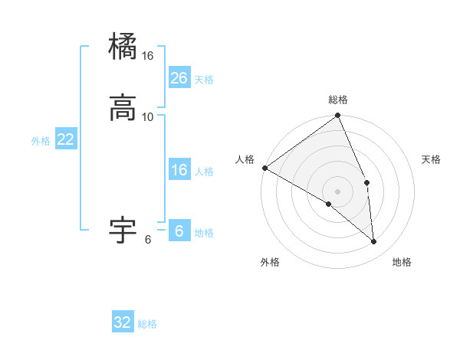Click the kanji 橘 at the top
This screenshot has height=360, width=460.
pos(123,46)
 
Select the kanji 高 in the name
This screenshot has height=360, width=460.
pos(123,107)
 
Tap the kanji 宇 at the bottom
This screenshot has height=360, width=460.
pos(123,229)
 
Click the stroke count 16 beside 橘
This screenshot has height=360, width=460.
pos(148,56)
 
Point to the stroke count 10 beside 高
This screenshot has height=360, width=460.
pos(148,117)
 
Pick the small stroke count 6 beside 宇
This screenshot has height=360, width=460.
pos(148,240)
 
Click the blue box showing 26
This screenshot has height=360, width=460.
pos(179,78)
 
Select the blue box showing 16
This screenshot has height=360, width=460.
pos(179,170)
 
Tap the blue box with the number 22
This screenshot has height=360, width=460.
pos(66,139)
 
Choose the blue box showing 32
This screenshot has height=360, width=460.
pos(123,322)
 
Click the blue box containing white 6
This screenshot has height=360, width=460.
pos(179,231)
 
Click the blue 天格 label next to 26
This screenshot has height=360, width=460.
pos(204,80)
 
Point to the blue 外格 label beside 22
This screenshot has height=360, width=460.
pos(41,141)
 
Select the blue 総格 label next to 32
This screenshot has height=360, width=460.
pos(147,324)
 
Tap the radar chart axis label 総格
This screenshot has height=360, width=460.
pos(338,100)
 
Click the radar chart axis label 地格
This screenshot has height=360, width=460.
pos(402,262)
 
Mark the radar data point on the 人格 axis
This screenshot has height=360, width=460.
pos(264,168)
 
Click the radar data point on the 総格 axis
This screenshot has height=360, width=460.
pos(338,116)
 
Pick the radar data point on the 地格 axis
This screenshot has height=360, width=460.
pos(374,242)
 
